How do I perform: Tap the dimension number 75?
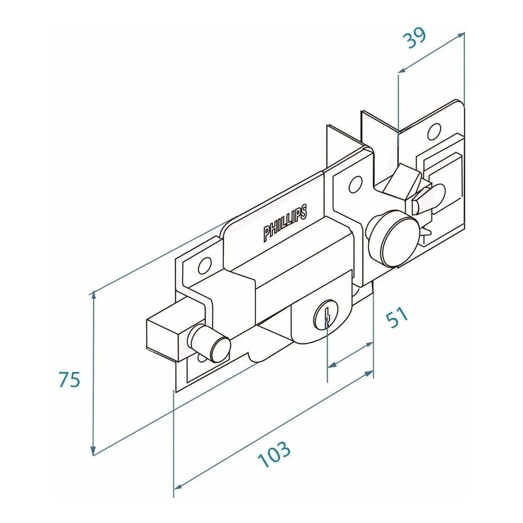pyautogui.click(x=69, y=379)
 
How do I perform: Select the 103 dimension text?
pyautogui.click(x=274, y=454)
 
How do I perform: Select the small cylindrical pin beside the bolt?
pyautogui.click(x=209, y=343)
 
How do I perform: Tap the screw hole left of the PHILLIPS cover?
pyautogui.click(x=204, y=265)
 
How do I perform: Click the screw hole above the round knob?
pyautogui.click(x=355, y=184)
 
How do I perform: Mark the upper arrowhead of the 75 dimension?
pyautogui.click(x=94, y=295)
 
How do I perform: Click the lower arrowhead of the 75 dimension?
pyautogui.click(x=94, y=450)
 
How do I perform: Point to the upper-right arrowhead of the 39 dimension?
pyautogui.click(x=460, y=35)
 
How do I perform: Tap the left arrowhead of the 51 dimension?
pyautogui.click(x=332, y=366)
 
